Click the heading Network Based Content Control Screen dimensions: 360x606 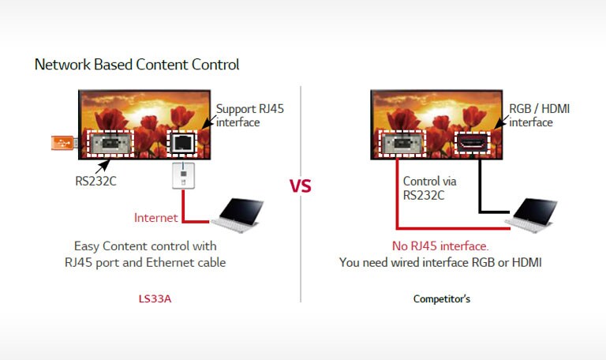click(137, 65)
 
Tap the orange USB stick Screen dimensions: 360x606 click(63, 143)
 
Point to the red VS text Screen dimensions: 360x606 click(300, 186)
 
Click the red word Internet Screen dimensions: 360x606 click(156, 218)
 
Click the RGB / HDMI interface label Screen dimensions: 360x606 click(540, 115)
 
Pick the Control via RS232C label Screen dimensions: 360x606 click(430, 188)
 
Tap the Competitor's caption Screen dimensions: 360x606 click(442, 299)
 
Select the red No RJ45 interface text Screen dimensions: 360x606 click(440, 245)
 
